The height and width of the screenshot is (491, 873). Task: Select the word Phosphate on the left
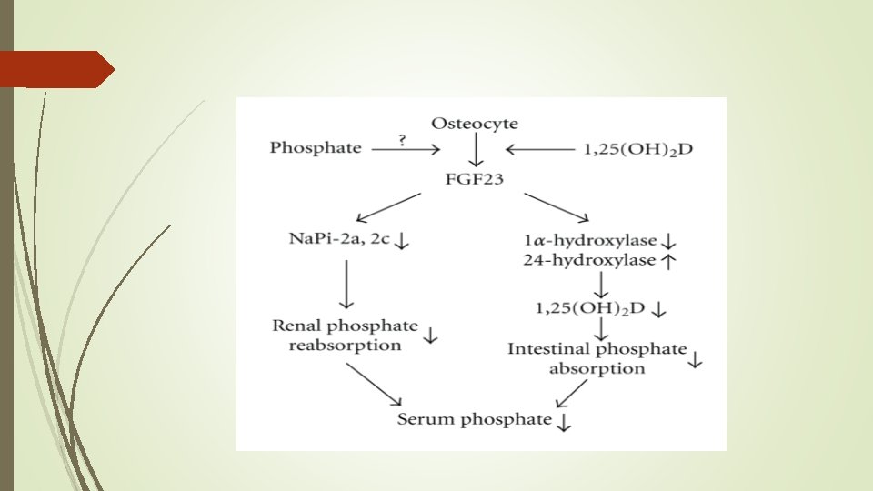[316, 147]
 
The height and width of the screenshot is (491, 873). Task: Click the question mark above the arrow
[402, 138]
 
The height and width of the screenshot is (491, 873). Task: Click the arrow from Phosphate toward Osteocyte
[406, 149]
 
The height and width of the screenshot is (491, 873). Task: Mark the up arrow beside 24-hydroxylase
[668, 261]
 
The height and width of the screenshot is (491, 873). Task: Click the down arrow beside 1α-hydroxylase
[668, 243]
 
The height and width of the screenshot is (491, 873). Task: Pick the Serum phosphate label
[474, 419]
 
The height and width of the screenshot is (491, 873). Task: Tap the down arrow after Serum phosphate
[564, 421]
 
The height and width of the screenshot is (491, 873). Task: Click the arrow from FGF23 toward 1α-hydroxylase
[557, 206]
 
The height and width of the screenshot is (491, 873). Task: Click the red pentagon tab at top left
[55, 69]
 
